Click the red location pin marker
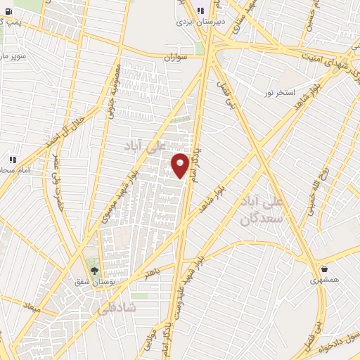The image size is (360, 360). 180,165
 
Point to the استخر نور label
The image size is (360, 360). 279,92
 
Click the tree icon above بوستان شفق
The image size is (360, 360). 95,271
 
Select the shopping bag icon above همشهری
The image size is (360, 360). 324,269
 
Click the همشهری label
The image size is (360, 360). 324,280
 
